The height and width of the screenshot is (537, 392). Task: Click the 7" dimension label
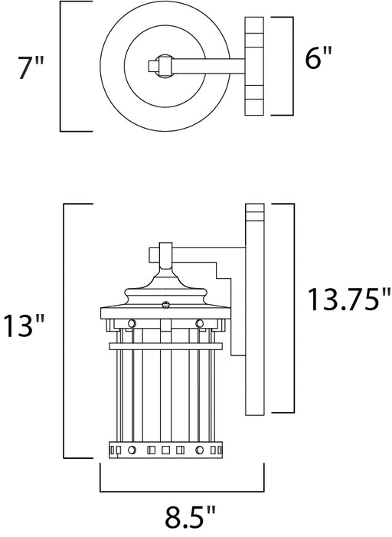(x=31, y=68)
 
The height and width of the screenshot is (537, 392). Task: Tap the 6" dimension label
(x=318, y=58)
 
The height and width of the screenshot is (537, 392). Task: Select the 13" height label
(x=24, y=326)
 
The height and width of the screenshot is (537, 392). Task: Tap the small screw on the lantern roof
(x=165, y=304)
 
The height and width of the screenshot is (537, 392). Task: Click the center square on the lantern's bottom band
(x=165, y=450)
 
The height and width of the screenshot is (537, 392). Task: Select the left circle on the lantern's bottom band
(x=132, y=450)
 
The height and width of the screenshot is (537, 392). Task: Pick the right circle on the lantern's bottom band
(x=200, y=450)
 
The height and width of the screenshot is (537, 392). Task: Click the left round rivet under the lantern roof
(x=132, y=323)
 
